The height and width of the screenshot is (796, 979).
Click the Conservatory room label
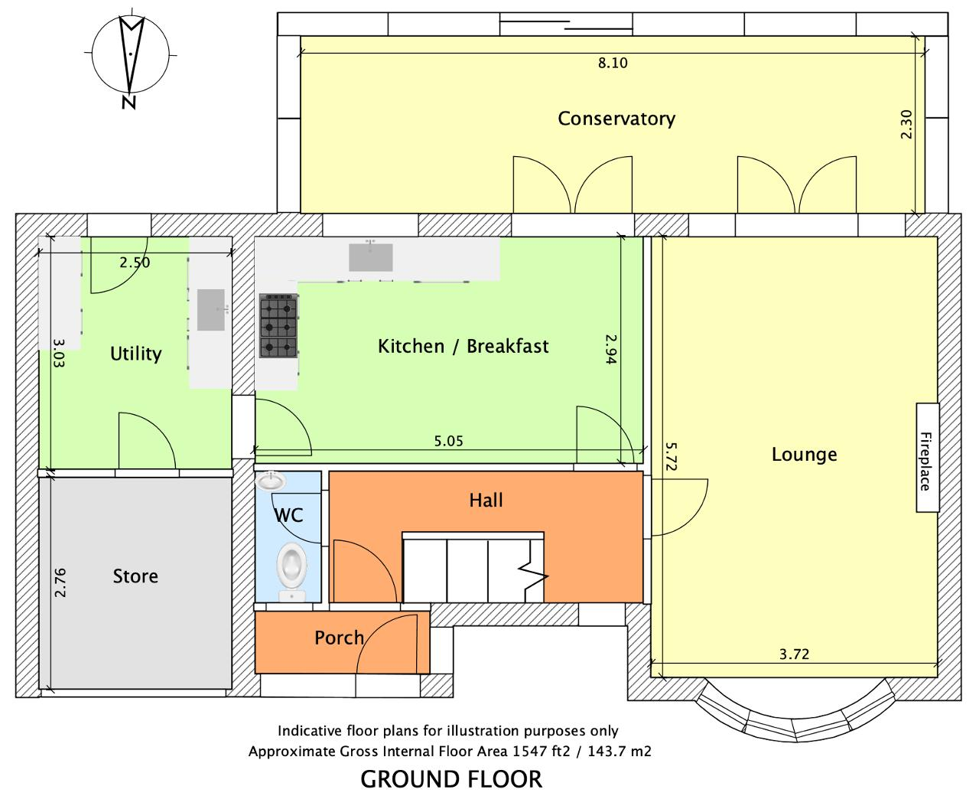click(616, 119)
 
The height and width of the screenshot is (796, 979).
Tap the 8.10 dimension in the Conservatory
click(613, 63)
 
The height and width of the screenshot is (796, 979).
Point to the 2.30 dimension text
click(906, 124)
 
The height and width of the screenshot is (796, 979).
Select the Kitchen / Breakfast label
click(463, 346)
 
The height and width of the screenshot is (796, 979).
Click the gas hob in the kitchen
click(278, 326)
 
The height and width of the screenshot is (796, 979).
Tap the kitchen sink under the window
click(370, 257)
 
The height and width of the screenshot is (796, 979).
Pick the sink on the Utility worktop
click(211, 309)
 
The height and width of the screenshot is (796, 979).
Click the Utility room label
click(135, 354)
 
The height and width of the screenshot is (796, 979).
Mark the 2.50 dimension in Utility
click(135, 263)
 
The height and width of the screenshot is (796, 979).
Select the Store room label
click(135, 576)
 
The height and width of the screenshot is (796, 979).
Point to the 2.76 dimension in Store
click(60, 582)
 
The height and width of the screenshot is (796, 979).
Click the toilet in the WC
click(291, 572)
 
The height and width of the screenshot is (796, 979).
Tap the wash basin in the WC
click(272, 481)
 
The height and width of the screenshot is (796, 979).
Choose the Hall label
click(486, 501)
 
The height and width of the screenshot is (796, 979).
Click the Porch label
click(339, 638)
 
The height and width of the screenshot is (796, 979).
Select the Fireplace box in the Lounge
click(928, 457)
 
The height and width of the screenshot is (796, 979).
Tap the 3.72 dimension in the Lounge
click(794, 654)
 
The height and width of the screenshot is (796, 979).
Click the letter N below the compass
click(129, 102)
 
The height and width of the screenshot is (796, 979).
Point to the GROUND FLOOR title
click(451, 779)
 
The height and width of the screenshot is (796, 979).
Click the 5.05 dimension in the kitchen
click(449, 441)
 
